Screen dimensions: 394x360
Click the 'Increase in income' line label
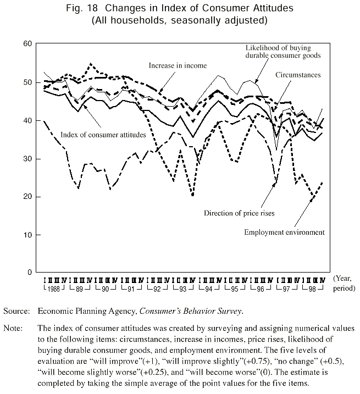178,65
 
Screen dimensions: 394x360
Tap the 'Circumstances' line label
299,74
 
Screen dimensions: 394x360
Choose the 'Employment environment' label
284,232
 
